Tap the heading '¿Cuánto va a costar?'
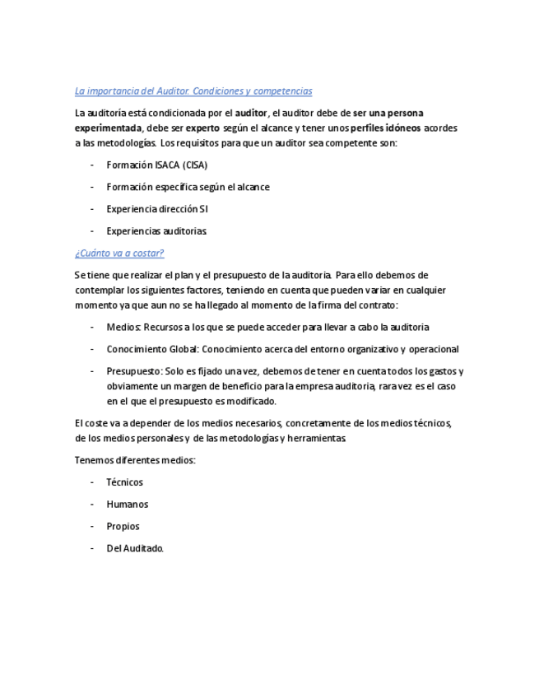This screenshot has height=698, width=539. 119,253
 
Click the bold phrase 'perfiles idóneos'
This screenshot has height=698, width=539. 385,128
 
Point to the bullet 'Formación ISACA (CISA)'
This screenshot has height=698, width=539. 156,165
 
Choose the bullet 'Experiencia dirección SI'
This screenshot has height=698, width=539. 156,209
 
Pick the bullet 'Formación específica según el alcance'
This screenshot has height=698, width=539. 188,187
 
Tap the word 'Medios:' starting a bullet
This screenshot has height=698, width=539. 123,327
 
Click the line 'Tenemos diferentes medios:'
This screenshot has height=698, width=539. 135,460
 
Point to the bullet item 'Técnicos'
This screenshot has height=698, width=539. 124,482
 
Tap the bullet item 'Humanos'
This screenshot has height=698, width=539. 127,505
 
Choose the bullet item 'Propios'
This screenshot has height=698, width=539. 123,527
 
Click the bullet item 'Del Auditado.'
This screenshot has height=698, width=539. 135,549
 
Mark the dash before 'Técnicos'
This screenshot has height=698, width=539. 93,482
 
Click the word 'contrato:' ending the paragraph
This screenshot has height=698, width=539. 378,305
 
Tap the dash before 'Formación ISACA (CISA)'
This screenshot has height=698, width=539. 93,165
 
